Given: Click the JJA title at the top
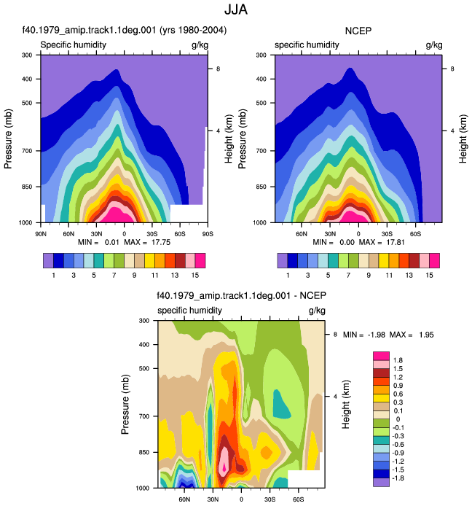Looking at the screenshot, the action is [x=236, y=9].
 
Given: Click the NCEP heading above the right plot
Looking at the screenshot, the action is [x=358, y=31].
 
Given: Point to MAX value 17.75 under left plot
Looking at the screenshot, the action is [x=161, y=242].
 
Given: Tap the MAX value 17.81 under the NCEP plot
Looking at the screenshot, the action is [x=396, y=242].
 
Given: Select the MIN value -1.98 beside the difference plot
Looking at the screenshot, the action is [x=377, y=335].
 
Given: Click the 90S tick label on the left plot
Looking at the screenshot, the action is [x=208, y=234].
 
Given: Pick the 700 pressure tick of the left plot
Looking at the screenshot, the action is [x=27, y=151].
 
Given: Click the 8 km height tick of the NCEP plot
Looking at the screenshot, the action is [x=452, y=69].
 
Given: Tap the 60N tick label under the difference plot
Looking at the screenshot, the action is [x=184, y=499].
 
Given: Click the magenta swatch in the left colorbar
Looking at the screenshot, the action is [x=200, y=261].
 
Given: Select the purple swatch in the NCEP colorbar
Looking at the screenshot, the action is [x=283, y=261].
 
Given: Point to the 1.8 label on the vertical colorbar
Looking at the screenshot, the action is [x=398, y=360].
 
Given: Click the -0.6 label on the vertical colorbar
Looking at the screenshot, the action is [x=397, y=445].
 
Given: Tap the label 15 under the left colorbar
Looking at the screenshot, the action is [x=195, y=276].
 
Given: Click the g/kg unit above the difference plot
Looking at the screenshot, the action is [x=317, y=311].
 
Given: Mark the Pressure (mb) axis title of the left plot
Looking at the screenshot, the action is [x=8, y=139].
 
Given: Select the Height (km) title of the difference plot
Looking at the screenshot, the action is [x=346, y=405].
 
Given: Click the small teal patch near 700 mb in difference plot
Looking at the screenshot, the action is [x=281, y=404].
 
